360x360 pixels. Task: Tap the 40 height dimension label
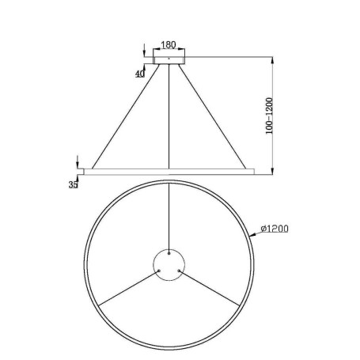141,73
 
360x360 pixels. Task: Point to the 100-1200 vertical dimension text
270,115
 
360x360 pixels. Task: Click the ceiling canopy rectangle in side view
170,59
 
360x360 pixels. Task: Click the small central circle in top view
170,263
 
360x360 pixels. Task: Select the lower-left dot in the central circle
161,270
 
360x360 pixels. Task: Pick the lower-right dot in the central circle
180,270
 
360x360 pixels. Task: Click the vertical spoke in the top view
170,214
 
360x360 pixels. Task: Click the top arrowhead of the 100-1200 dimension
273,58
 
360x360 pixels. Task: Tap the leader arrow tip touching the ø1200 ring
252,236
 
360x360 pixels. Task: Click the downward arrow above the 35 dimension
78,163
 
